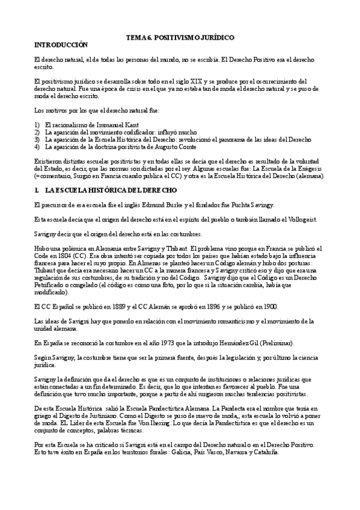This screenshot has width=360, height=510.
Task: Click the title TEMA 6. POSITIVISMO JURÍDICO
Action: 180,37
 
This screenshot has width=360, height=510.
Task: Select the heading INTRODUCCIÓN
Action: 61,45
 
